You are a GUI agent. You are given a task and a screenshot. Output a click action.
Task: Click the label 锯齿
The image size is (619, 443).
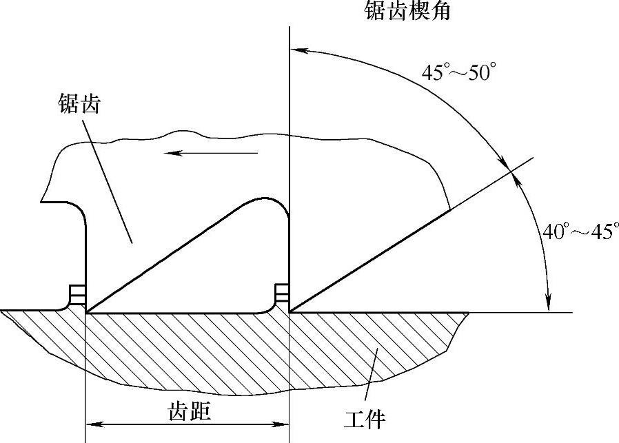[x=80, y=104]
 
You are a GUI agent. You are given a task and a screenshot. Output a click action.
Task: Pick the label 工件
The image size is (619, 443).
[x=366, y=418]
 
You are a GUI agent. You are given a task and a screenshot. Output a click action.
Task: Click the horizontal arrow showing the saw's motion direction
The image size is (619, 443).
[x=210, y=154]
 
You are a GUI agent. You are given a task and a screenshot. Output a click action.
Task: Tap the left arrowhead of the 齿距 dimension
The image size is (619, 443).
[x=92, y=424]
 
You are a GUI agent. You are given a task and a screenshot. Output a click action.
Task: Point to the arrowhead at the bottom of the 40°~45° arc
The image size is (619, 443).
[x=549, y=304]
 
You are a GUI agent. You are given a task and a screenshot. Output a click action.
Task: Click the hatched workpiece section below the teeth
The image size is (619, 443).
[x=207, y=351]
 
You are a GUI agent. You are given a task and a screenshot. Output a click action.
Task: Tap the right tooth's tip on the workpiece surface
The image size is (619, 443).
[x=290, y=312]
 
